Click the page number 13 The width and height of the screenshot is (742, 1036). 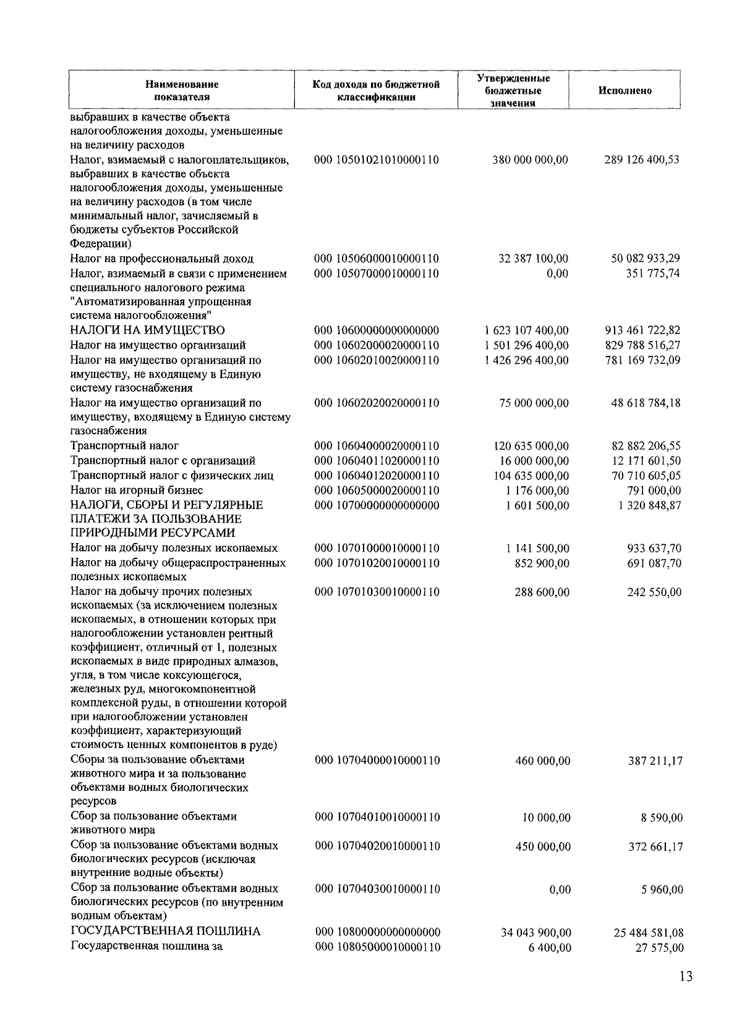click(x=685, y=977)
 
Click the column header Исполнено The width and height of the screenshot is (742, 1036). click(x=625, y=91)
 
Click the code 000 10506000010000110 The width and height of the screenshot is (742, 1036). click(x=377, y=259)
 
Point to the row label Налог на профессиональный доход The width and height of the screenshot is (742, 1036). click(x=161, y=259)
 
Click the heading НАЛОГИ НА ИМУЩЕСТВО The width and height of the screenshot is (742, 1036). click(x=147, y=331)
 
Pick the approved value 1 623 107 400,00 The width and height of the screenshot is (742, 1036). click(x=526, y=331)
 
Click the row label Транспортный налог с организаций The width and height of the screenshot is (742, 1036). click(x=163, y=461)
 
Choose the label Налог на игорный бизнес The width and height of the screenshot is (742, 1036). click(x=137, y=491)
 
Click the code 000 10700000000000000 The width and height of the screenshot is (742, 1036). click(x=377, y=505)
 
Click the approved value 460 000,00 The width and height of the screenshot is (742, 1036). click(x=542, y=761)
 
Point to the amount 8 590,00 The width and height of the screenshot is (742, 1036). click(x=662, y=818)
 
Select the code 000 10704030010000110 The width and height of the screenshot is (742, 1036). click(x=377, y=889)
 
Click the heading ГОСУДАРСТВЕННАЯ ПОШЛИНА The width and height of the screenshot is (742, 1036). click(x=165, y=932)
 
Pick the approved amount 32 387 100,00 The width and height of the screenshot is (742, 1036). click(x=533, y=259)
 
